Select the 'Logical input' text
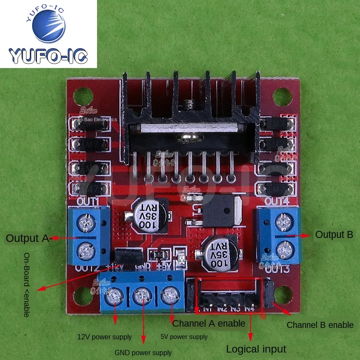[x=256, y=349]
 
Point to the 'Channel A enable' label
[x=209, y=324]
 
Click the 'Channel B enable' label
[x=320, y=325]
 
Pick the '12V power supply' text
[x=104, y=337]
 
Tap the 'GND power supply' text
[x=143, y=353]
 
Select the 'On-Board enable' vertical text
[x=27, y=285]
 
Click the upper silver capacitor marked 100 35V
[x=148, y=214]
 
